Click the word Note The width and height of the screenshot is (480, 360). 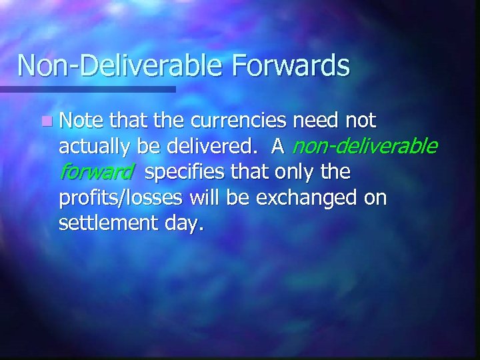pos(83,121)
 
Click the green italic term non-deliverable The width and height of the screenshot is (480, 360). pos(365,146)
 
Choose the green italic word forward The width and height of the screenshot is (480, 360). pos(96,172)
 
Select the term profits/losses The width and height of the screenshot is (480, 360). pos(123,198)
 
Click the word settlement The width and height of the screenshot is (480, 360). pos(105,224)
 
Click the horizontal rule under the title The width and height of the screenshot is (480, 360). pos(87,89)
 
